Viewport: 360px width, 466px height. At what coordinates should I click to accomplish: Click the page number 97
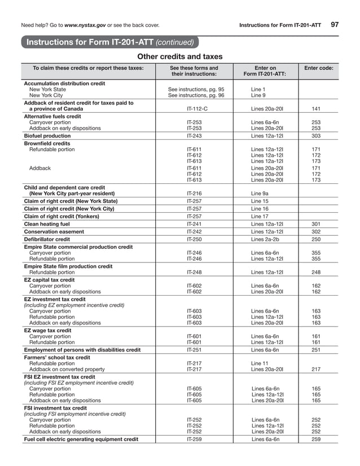335,24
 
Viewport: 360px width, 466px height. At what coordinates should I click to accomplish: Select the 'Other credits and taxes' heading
180,56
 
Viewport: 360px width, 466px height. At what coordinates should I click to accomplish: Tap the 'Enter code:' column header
319,68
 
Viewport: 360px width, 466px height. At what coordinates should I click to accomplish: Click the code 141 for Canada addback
316,108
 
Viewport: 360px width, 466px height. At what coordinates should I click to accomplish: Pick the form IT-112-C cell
194,108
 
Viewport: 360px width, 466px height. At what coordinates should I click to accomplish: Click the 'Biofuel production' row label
47,136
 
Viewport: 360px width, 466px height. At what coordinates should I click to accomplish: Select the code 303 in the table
316,136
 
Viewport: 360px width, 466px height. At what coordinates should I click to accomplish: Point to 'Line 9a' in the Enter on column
260,193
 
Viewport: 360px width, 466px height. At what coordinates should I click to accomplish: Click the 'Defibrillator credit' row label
47,239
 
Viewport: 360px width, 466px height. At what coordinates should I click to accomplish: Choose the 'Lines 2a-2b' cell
265,239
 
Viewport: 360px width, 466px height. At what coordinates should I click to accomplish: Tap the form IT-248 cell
194,272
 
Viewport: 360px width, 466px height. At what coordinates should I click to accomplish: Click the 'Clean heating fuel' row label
47,224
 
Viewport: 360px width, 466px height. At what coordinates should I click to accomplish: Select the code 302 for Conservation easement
316,232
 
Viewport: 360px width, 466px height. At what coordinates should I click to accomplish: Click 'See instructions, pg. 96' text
196,95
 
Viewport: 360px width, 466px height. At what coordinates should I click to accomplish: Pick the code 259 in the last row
316,439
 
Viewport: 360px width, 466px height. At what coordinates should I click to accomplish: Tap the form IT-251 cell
194,350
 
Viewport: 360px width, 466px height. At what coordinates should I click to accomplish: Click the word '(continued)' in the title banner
175,42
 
